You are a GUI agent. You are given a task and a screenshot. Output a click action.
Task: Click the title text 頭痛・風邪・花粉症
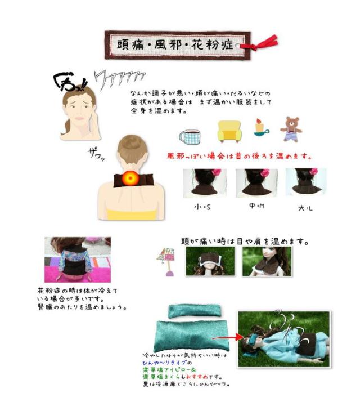pos(175,45)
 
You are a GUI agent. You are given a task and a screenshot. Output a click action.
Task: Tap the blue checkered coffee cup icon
pos(190,136)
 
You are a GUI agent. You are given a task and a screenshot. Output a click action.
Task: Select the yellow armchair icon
pos(228,131)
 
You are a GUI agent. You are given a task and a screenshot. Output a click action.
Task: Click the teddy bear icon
pos(292,129)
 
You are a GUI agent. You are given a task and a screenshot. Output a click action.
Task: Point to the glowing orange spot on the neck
pos(131,180)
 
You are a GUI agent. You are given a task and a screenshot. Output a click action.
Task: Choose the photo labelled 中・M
pos(256,183)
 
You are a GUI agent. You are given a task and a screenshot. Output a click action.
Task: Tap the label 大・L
pos(305,208)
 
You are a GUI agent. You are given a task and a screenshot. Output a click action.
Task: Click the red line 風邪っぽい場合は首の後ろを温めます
pos(240,156)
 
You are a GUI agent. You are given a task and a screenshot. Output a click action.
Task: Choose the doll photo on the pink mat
pos(78,259)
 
